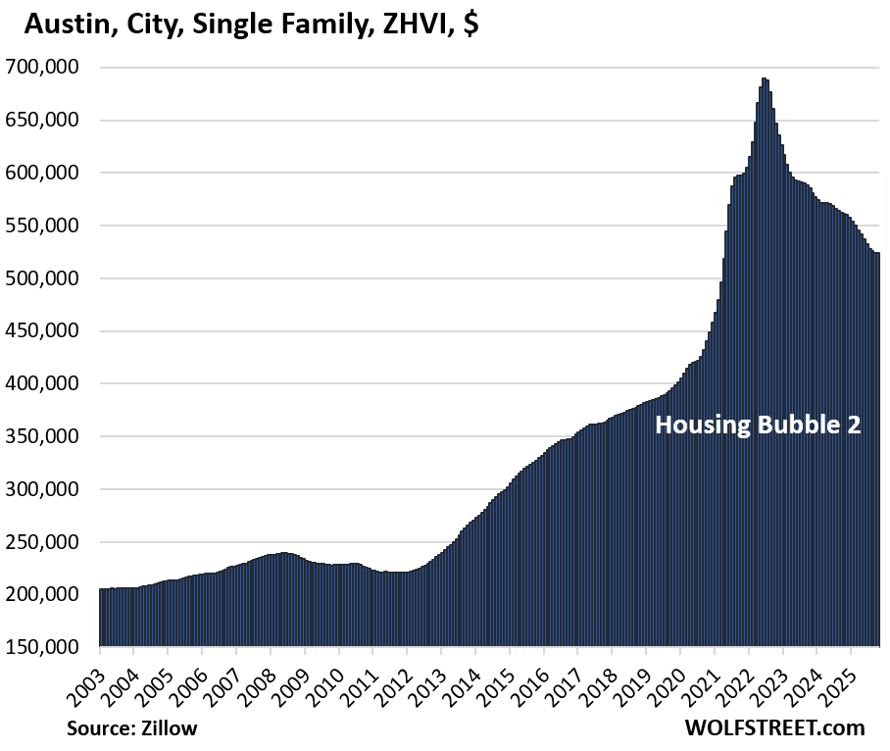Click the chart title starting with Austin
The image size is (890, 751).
pyautogui.click(x=251, y=25)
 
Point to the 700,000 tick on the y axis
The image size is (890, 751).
pyautogui.click(x=43, y=68)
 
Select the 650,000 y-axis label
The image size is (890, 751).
pyautogui.click(x=43, y=121)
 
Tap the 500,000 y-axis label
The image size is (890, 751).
pyautogui.click(x=43, y=278)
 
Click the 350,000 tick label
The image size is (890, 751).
pyautogui.click(x=43, y=436)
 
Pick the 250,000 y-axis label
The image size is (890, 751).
pyautogui.click(x=43, y=542)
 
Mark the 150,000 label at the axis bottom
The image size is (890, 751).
pyautogui.click(x=43, y=647)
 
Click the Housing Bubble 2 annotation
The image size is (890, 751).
pyautogui.click(x=758, y=426)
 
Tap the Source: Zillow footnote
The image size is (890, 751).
pyautogui.click(x=130, y=727)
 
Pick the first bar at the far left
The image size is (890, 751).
pyautogui.click(x=101, y=618)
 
